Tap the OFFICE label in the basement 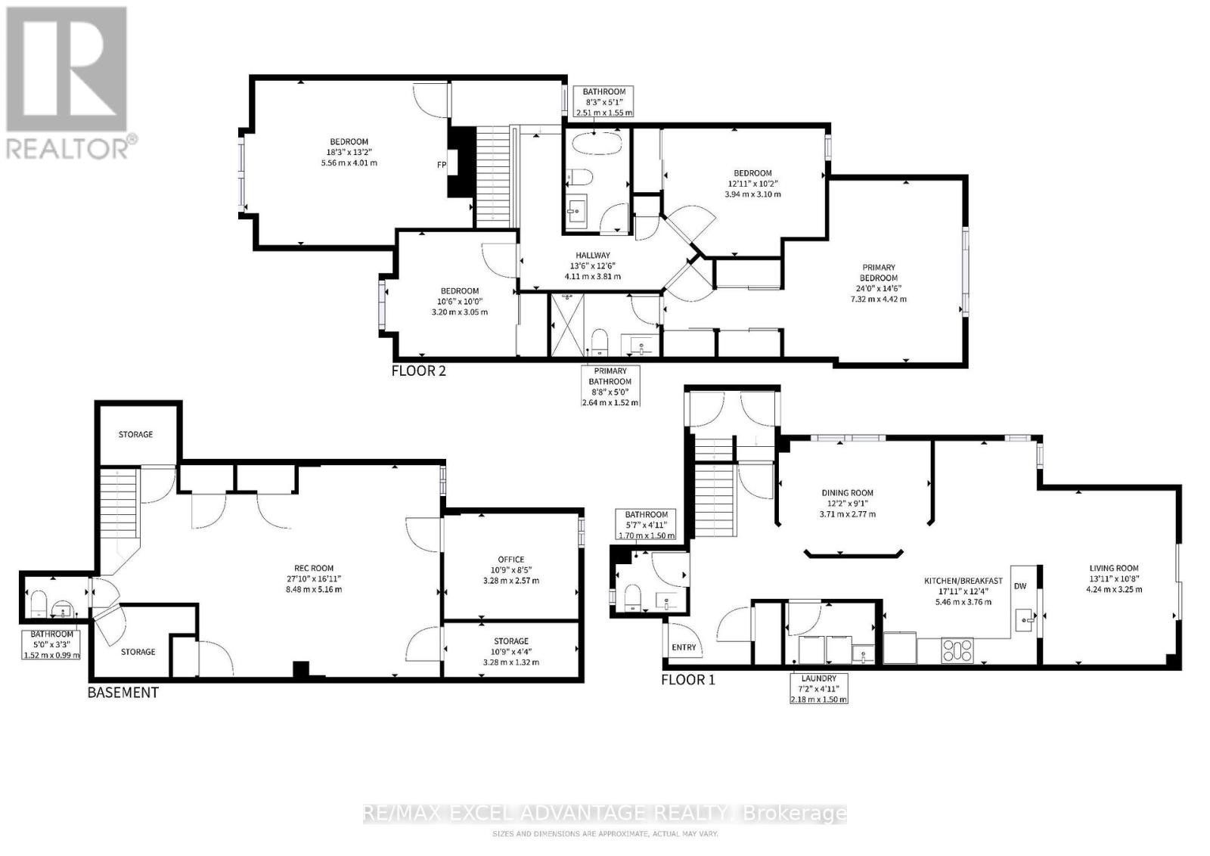(x=511, y=560)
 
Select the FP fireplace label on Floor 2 (x=442, y=165)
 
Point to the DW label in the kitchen (x=1020, y=586)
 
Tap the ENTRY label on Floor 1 (x=684, y=647)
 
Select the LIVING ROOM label (x=1114, y=568)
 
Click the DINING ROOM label (x=848, y=492)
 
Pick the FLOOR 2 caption (x=419, y=371)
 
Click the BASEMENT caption (x=123, y=693)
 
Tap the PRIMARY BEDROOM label (x=879, y=272)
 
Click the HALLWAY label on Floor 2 (x=593, y=255)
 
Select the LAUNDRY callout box (x=819, y=688)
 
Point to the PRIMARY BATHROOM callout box (x=610, y=386)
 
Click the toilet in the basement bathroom (x=39, y=603)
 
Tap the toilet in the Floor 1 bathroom (x=632, y=597)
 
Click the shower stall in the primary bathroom (x=567, y=325)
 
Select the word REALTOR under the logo (x=67, y=148)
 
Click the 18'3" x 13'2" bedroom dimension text (x=349, y=152)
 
